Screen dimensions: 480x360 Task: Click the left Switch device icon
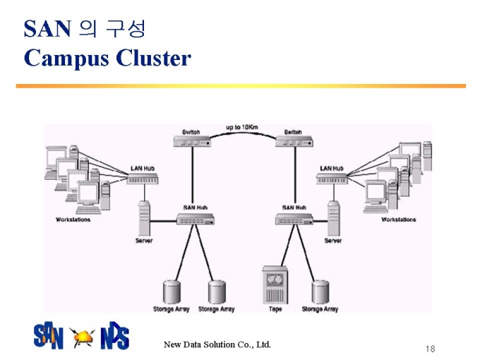[x=192, y=141]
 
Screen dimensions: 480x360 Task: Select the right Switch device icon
[x=294, y=141]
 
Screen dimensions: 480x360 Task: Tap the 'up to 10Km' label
[x=242, y=127]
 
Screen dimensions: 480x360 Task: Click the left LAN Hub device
[x=143, y=179]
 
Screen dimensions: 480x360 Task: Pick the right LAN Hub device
[x=332, y=179]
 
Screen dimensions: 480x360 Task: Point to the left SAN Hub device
[x=196, y=219]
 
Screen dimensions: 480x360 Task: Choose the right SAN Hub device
[x=294, y=219]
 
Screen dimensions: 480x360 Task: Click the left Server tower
[x=144, y=218]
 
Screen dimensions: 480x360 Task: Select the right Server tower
[x=333, y=218]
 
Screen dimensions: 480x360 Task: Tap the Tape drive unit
[x=275, y=285]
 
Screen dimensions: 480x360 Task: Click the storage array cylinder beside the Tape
[x=320, y=292]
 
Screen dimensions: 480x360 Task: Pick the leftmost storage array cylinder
[x=172, y=292]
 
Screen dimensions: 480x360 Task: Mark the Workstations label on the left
[x=73, y=220]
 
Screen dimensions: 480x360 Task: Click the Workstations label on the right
[x=399, y=220]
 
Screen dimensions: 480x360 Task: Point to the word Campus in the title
[x=66, y=58]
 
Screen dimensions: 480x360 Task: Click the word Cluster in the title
[x=154, y=58]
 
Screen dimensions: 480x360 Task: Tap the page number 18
[x=430, y=349]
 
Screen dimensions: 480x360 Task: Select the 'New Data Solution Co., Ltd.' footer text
[x=217, y=344]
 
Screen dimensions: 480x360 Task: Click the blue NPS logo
[x=115, y=335]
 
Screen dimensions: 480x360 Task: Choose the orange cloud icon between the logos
[x=82, y=337]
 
